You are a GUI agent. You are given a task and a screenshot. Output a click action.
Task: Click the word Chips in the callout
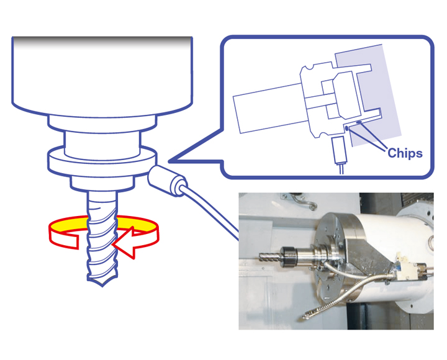coord(405,153)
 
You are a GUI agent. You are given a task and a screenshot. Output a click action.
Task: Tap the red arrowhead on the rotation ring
coord(125,243)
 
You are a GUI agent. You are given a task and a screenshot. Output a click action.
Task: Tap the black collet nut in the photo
coord(289,258)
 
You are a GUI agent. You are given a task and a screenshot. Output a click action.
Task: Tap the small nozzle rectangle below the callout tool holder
coord(339,150)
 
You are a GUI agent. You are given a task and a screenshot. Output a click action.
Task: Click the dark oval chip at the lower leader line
coord(346,128)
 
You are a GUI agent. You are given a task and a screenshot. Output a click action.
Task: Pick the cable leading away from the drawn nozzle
coord(211,212)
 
